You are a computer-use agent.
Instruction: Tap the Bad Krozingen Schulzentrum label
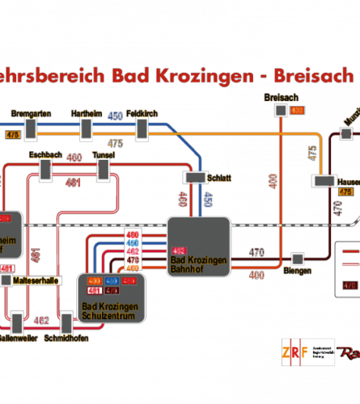tap(110, 310)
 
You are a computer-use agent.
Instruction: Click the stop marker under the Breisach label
tap(281, 110)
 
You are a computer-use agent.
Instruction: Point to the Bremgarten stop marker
tap(31, 128)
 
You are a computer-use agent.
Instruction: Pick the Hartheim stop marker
tap(87, 128)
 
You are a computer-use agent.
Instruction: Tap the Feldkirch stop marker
tap(143, 128)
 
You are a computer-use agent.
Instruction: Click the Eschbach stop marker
tap(46, 168)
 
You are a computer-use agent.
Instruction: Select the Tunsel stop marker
tap(104, 168)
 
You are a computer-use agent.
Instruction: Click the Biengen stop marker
tap(297, 259)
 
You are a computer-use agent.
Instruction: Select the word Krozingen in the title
tap(202, 76)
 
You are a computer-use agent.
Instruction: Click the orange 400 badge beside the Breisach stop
tap(297, 110)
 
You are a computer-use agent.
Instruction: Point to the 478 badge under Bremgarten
tap(12, 134)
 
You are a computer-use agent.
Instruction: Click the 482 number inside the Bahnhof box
tap(179, 250)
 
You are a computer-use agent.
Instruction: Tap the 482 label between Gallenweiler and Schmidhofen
tap(41, 321)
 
